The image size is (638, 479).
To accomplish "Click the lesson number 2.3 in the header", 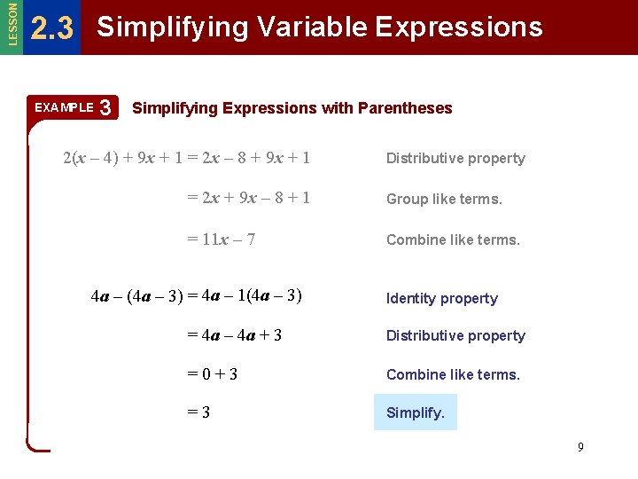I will [x=51, y=29].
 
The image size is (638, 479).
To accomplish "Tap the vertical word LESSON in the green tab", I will [x=11, y=24].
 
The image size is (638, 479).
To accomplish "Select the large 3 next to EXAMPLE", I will [x=105, y=108].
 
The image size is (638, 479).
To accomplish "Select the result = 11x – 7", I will [x=222, y=239].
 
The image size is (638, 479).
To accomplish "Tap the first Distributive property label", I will [x=455, y=159].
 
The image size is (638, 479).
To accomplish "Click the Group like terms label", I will [x=444, y=200].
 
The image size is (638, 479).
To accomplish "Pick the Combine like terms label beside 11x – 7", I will [x=453, y=239].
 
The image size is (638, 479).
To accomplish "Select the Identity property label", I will [x=441, y=299].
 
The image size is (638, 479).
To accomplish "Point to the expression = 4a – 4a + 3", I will [x=235, y=334].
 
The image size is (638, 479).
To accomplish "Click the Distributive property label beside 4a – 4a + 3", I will [x=455, y=336].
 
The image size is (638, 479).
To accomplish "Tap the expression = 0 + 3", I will [x=213, y=374].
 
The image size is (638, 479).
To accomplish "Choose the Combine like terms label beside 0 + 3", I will [x=453, y=374].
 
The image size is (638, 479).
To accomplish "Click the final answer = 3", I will [x=198, y=412].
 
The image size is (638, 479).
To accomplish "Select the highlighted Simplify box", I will [x=416, y=412].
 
